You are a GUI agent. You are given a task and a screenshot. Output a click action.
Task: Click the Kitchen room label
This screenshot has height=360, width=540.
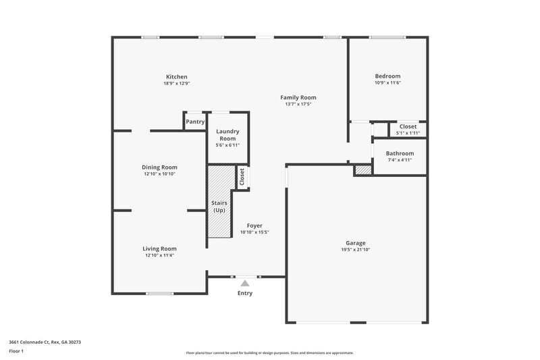point(176,77)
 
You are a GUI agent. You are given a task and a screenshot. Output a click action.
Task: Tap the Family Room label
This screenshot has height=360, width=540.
point(298,98)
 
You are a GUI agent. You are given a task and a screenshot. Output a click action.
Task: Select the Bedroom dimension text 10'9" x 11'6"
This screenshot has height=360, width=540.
point(387,83)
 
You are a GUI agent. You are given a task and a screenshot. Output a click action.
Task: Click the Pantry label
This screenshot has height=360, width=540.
point(195,122)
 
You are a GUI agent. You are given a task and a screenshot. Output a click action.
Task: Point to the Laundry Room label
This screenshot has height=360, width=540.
point(227,135)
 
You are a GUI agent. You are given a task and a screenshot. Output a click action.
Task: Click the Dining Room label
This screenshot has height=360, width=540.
point(159,168)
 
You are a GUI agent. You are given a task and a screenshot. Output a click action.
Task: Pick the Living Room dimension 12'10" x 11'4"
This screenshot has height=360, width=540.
point(159,255)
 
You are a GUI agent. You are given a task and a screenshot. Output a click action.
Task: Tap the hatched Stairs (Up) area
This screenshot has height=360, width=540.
point(219,203)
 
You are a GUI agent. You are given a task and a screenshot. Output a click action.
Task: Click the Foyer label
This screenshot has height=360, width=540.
point(254,226)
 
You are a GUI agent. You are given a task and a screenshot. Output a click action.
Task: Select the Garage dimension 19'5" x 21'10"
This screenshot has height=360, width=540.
point(356,250)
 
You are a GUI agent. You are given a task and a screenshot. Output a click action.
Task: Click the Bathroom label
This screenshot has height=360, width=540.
point(400,153)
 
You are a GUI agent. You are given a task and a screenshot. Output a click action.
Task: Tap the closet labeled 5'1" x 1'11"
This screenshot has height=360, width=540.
point(408,129)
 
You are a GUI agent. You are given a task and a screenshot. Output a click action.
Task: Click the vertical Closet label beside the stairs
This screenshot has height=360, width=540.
point(242,176)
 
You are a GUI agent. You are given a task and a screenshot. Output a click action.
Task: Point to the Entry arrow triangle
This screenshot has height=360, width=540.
point(244,282)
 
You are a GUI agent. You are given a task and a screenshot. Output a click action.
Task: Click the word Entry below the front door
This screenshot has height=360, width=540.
point(244,293)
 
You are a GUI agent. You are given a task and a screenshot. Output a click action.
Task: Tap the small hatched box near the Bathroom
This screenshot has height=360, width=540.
point(363,170)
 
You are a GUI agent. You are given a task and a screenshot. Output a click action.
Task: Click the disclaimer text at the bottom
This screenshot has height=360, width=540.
point(269,353)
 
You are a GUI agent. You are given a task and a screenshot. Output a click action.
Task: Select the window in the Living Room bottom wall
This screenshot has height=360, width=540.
point(159,293)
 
